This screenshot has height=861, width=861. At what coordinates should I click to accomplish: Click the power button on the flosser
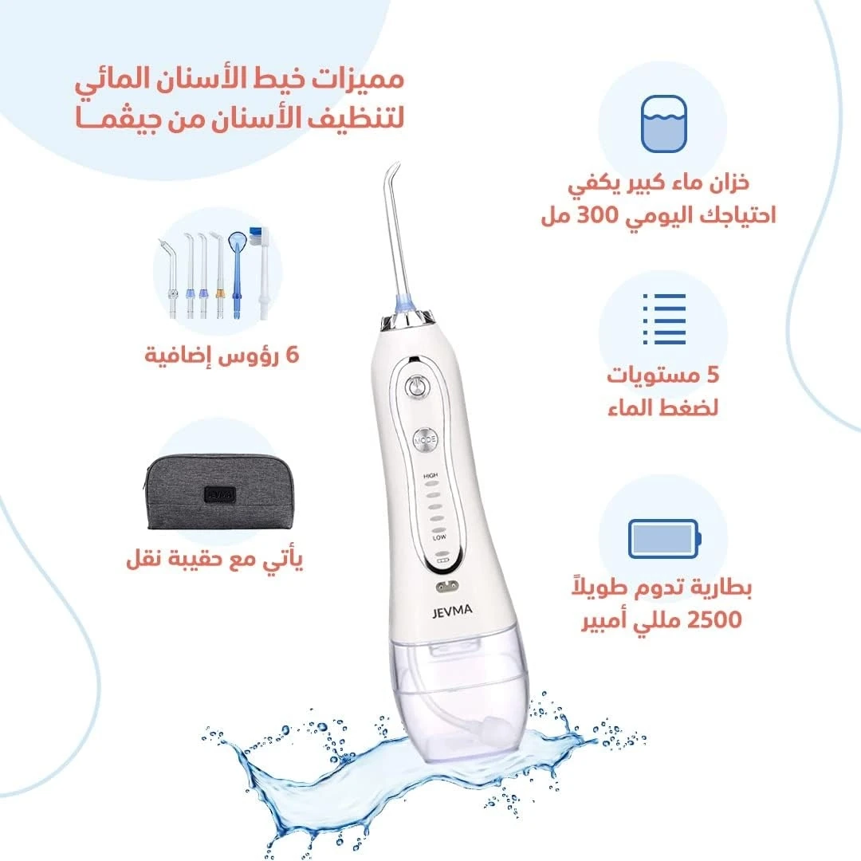click(x=417, y=387)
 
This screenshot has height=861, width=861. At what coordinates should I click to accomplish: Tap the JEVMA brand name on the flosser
click(x=451, y=611)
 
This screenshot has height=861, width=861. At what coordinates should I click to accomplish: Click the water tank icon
click(x=664, y=124)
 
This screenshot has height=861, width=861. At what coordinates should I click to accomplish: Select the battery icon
click(x=664, y=539)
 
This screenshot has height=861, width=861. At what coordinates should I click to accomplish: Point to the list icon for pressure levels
click(x=664, y=319)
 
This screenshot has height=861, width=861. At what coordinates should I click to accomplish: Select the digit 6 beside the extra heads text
click(x=293, y=356)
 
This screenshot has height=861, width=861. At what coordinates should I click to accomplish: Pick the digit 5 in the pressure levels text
click(x=712, y=375)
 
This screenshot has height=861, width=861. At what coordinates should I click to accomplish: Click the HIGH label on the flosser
click(x=431, y=475)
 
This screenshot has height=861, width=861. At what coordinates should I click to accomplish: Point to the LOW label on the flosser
click(x=439, y=537)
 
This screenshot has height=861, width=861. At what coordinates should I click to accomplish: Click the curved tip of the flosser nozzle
click(x=393, y=168)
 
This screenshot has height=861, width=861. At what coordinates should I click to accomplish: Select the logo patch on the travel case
click(x=220, y=494)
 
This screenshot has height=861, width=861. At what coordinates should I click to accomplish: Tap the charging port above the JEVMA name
click(x=446, y=587)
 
